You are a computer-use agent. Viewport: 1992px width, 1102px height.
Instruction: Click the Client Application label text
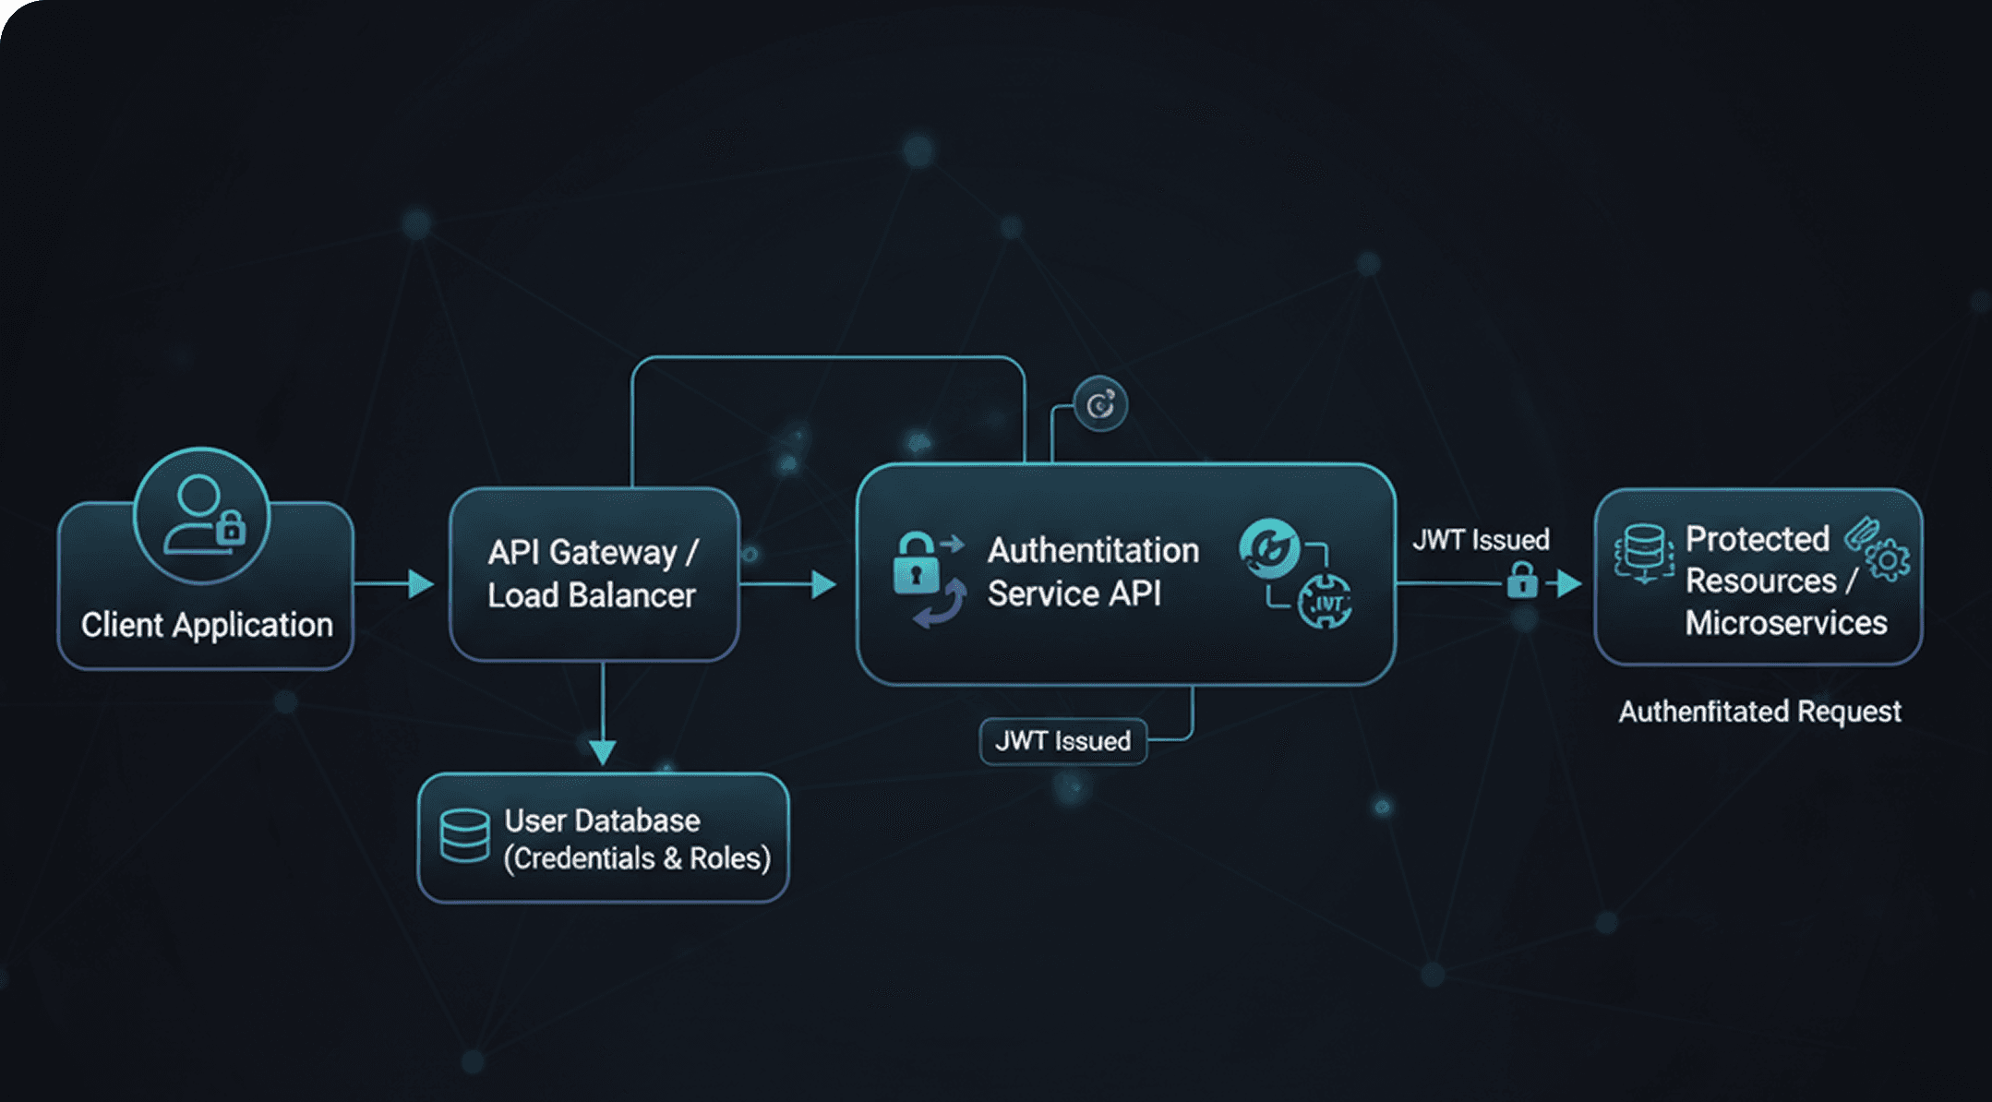point(207,625)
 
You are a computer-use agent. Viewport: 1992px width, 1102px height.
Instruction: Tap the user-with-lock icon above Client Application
point(202,515)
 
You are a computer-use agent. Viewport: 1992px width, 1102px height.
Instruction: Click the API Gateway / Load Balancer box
point(594,574)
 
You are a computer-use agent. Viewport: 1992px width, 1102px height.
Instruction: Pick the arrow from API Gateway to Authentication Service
point(789,583)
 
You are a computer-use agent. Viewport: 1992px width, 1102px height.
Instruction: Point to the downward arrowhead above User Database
point(602,749)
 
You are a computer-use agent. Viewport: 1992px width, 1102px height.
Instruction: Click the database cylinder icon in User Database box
point(464,835)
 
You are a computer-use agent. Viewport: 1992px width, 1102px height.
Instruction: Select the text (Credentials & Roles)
point(637,858)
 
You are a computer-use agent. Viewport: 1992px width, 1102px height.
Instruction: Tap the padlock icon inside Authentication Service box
point(916,565)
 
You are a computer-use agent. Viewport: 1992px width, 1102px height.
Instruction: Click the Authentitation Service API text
point(1093,572)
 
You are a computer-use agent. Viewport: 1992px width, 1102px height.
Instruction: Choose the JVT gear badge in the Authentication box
point(1326,603)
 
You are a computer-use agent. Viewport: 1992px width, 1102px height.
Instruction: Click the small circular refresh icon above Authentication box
point(1100,404)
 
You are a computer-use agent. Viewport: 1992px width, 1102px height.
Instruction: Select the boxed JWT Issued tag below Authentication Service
point(1063,741)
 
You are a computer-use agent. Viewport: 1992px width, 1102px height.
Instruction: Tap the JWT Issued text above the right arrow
point(1481,540)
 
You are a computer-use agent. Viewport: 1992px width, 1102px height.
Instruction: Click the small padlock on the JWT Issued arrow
point(1522,581)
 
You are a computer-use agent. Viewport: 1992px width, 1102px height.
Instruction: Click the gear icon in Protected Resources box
point(1889,560)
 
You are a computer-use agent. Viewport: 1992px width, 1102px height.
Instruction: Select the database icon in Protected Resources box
point(1644,552)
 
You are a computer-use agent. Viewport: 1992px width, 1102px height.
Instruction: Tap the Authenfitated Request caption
point(1759,712)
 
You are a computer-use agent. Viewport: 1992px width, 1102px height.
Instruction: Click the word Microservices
point(1786,623)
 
